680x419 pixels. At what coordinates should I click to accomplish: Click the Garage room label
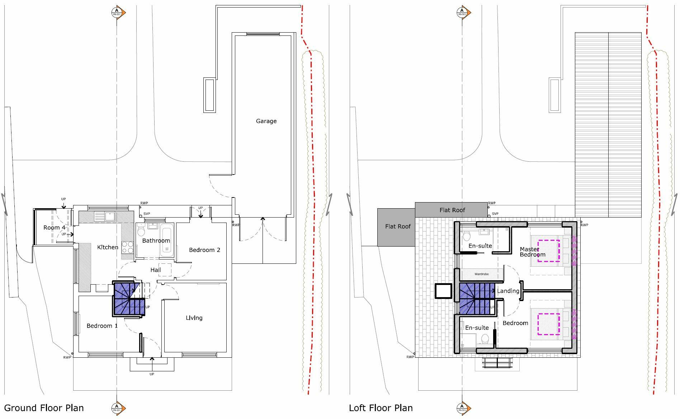tap(266, 121)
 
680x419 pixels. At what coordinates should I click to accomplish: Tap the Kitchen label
tap(108, 247)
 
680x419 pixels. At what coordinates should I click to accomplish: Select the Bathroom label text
tap(156, 241)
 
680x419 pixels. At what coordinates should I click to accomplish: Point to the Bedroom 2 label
tap(204, 250)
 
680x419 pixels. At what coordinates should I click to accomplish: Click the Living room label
tap(194, 318)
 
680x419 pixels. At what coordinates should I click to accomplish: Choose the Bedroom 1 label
tap(102, 325)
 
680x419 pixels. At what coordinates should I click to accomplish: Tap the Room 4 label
tap(54, 228)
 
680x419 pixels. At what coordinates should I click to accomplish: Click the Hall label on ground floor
tap(156, 270)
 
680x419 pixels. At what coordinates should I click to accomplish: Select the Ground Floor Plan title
tap(44, 408)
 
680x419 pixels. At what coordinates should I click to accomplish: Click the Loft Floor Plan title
tap(381, 408)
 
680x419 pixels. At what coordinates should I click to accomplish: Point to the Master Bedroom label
tap(532, 252)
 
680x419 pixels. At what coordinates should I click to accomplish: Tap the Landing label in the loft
tap(508, 291)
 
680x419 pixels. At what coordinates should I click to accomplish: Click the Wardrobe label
tap(481, 274)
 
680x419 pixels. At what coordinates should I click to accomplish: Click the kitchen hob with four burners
tap(128, 247)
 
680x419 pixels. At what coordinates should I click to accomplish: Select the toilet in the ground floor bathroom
tap(141, 231)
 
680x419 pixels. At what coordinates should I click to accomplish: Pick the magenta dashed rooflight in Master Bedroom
tap(548, 251)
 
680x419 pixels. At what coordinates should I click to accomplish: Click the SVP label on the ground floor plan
tap(147, 214)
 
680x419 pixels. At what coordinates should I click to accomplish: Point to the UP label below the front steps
tap(152, 374)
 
